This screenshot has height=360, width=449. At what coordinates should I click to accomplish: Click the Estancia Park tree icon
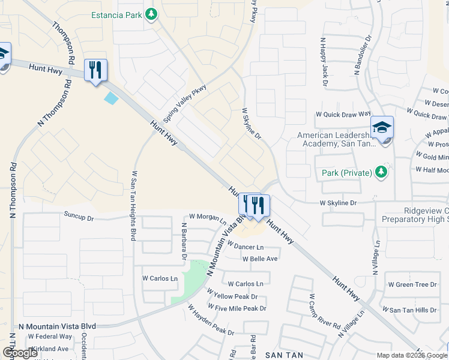point(152,13)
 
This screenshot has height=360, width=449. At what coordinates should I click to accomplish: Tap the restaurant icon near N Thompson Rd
point(95,71)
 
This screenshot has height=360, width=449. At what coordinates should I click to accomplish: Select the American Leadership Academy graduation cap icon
point(382,128)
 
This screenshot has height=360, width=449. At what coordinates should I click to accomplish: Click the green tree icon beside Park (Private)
point(380,173)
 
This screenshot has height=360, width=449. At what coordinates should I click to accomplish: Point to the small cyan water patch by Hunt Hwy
point(112,98)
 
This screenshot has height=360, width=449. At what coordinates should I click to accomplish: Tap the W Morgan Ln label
point(207,217)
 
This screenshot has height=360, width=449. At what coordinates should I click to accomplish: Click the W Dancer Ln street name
point(245,247)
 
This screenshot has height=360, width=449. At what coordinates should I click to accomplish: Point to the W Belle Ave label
point(260,259)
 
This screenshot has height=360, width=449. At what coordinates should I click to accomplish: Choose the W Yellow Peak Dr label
point(232,296)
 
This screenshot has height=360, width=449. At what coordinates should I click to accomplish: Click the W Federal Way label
point(50,337)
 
